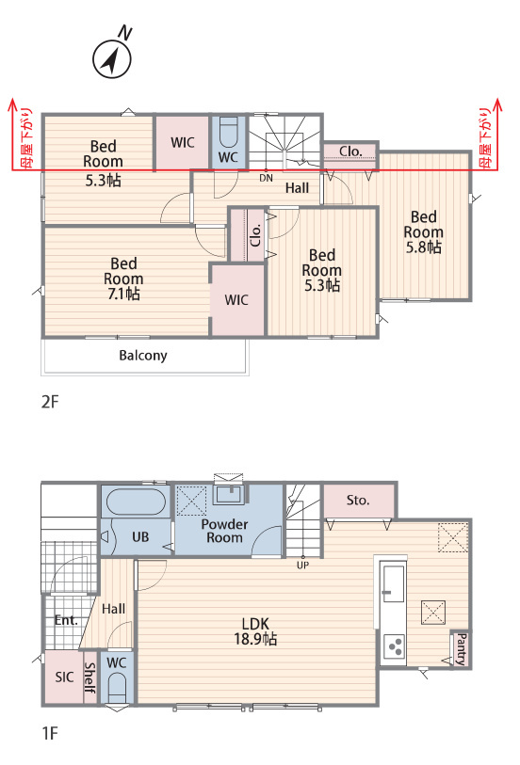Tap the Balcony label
point(143,355)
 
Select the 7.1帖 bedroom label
point(123,279)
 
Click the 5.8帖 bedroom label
point(423,231)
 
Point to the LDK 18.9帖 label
point(255,630)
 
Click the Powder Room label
point(224,531)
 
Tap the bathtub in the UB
point(136,502)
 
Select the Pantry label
point(461,649)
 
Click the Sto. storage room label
point(358,500)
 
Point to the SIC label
point(64,677)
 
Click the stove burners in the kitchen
point(394,647)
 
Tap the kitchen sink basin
point(393,583)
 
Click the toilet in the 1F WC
point(117,688)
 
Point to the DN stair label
point(266,178)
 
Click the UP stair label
point(302,565)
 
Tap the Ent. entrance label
point(66,620)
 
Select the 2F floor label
point(50,402)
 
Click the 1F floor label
point(50,733)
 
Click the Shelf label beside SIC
point(90,677)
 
